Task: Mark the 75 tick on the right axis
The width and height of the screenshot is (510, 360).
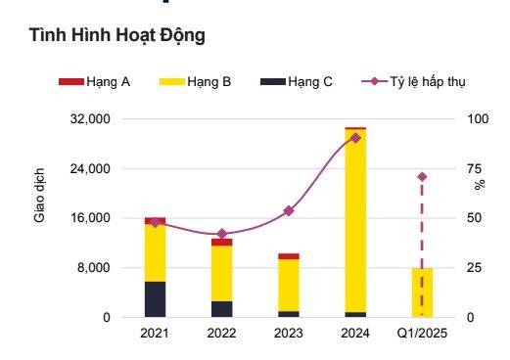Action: tap(475, 169)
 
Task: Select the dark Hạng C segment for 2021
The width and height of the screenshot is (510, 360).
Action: tap(155, 298)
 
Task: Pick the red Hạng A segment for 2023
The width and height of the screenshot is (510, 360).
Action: tap(289, 256)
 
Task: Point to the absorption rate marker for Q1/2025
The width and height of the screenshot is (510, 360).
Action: tap(422, 177)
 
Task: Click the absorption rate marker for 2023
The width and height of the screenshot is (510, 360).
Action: tap(289, 210)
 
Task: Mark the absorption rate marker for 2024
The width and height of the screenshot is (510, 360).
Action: tap(355, 138)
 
